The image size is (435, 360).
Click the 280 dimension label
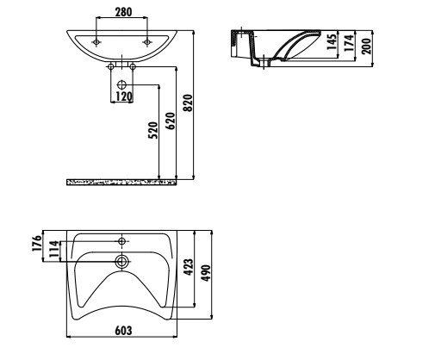(123, 12)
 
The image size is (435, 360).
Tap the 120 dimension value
(124, 96)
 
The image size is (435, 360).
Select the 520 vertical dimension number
(153, 130)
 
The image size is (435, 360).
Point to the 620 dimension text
(170, 121)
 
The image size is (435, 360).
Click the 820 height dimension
(188, 103)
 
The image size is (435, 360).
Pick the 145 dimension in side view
(332, 42)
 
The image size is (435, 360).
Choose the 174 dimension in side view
(349, 43)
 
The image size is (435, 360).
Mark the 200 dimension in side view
(366, 46)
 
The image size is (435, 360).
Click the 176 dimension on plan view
(37, 243)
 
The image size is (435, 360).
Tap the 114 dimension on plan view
(54, 249)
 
